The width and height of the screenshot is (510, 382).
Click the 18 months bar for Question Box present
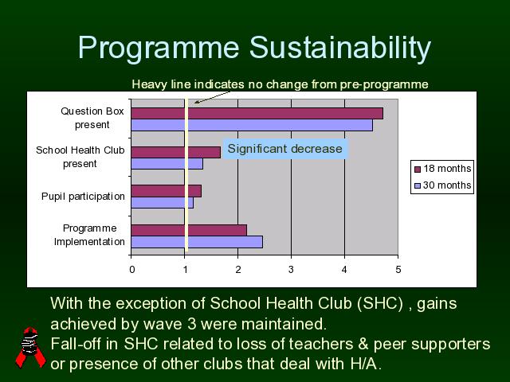[x=257, y=113]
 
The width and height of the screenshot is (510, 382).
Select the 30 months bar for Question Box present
[x=252, y=125]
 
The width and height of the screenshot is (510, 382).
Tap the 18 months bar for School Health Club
[x=176, y=152]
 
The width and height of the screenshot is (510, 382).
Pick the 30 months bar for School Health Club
[x=167, y=164]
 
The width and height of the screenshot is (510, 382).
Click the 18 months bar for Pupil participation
[x=167, y=191]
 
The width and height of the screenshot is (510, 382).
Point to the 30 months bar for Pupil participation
[x=163, y=203]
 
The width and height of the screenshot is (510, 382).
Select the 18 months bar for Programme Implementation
[x=189, y=230]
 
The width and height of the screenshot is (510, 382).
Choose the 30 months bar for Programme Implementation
[x=197, y=242]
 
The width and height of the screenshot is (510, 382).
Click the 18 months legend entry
[x=443, y=169]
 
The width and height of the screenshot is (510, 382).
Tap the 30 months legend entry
[x=443, y=185]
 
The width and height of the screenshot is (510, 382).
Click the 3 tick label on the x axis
[x=291, y=270]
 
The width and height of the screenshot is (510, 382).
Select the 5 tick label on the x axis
[x=398, y=270]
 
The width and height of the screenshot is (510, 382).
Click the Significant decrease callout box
[x=285, y=149]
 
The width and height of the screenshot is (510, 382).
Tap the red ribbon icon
[x=30, y=348]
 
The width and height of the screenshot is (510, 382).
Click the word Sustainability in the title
[x=340, y=48]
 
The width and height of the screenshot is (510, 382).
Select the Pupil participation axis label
[x=83, y=197]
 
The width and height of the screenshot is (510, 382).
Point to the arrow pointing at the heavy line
[x=212, y=97]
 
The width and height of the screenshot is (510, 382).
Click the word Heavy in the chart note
[x=150, y=84]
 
